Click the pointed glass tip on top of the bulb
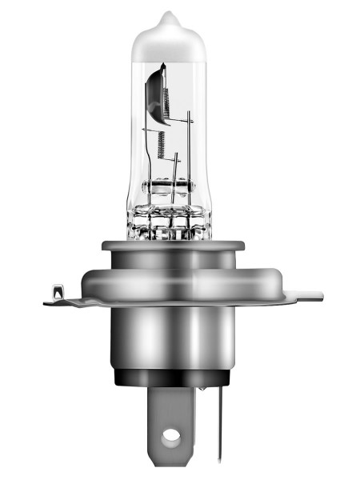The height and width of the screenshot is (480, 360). point(167,16)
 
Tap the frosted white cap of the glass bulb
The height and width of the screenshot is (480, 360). point(167,44)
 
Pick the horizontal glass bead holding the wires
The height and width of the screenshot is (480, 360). point(169,189)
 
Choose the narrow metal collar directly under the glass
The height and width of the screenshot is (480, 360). point(169,254)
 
